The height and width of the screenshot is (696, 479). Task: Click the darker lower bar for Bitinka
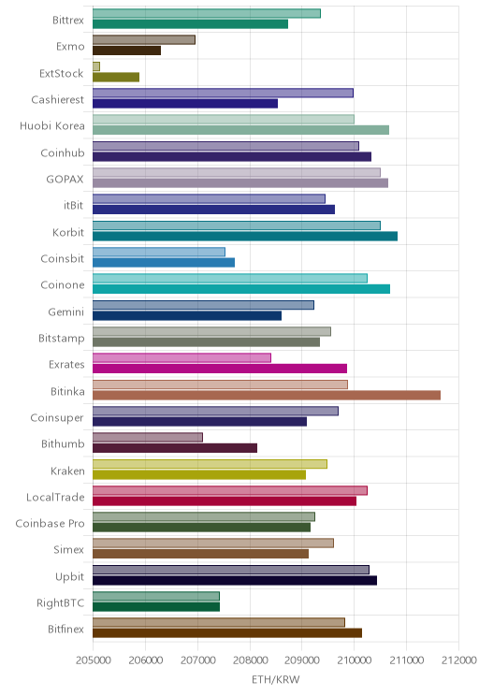click(267, 395)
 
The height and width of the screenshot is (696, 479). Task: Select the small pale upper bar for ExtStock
click(96, 66)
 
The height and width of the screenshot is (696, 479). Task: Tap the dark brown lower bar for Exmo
click(126, 51)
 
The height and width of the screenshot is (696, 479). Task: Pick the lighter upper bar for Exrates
click(181, 357)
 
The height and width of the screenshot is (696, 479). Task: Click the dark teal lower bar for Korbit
click(245, 236)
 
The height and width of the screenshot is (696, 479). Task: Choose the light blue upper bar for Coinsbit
click(159, 253)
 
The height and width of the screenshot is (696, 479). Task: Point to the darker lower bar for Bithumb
click(175, 448)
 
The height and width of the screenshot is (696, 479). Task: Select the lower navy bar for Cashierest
click(185, 104)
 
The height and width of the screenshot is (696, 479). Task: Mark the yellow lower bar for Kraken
click(199, 474)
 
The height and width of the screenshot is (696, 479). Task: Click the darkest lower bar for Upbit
click(235, 580)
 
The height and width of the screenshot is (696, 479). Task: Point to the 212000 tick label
click(459, 660)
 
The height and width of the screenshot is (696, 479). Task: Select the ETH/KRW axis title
click(276, 679)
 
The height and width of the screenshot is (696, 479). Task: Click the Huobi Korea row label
click(52, 126)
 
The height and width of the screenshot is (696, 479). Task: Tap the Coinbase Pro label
click(50, 523)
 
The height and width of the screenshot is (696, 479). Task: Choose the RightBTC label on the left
click(61, 602)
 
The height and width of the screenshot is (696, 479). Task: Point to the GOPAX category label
click(65, 179)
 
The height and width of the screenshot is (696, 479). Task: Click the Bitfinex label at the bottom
click(66, 629)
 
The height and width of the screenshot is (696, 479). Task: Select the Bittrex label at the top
click(68, 20)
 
